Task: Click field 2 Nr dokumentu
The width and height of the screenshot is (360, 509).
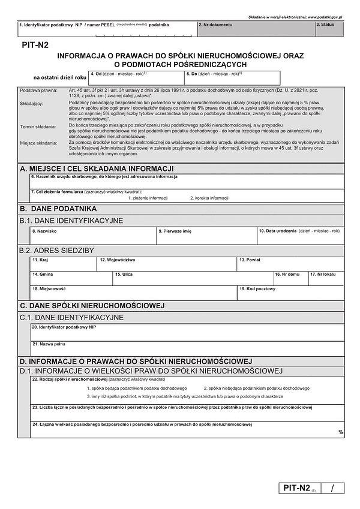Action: tap(256, 28)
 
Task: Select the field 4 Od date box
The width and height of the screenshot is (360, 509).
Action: tap(136, 78)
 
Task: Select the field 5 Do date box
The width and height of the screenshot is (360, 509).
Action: tap(232, 78)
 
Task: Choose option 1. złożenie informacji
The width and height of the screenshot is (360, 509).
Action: tap(147, 198)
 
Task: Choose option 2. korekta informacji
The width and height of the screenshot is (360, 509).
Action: tap(209, 198)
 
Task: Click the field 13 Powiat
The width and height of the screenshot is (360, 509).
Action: tap(290, 264)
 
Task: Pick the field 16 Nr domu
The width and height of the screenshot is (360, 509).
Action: tap(290, 278)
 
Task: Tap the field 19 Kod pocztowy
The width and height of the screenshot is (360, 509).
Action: tap(290, 293)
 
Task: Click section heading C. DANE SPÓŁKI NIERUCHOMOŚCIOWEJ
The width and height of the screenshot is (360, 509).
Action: tap(92, 306)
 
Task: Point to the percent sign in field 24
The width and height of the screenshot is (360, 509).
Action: tap(341, 432)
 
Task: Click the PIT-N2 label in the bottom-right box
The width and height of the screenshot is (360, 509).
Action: tap(296, 488)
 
